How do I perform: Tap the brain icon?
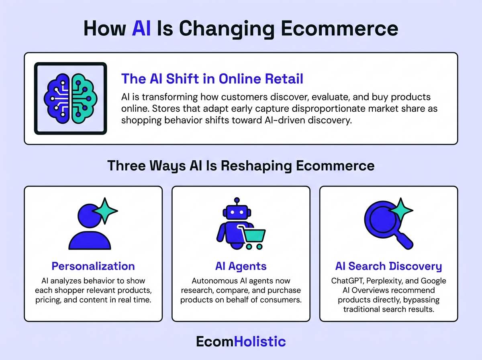(70, 98)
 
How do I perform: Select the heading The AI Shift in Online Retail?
(212, 78)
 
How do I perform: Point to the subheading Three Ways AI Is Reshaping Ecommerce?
(241, 166)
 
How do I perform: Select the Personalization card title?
(93, 266)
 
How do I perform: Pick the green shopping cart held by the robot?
(252, 237)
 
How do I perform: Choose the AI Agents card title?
(241, 266)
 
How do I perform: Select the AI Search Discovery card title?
(388, 266)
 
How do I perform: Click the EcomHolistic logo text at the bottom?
(241, 342)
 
